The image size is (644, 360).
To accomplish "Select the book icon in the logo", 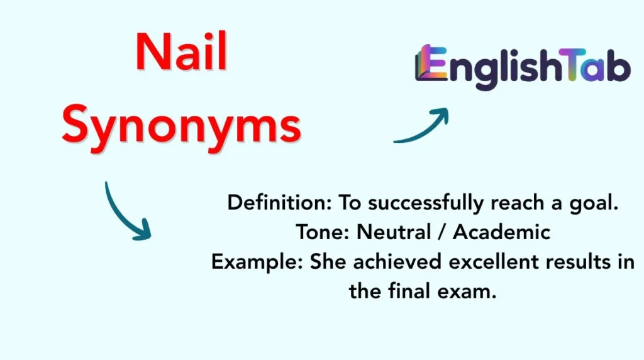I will point(425,64).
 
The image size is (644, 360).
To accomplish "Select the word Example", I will point(257,261).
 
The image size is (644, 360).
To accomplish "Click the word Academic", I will point(501,232).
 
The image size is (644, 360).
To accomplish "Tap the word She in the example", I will point(328,261).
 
